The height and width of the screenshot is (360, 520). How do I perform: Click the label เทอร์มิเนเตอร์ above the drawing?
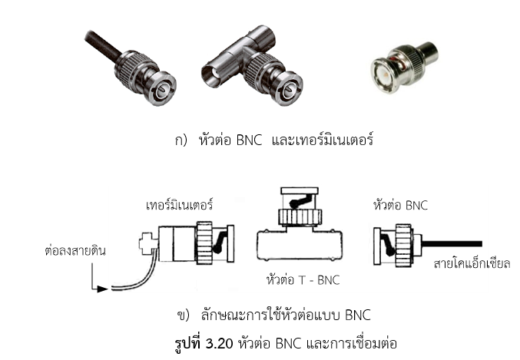coord(179,206)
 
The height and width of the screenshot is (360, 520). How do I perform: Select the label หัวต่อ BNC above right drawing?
coord(399,206)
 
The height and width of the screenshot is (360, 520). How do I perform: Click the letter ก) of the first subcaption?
coord(182,141)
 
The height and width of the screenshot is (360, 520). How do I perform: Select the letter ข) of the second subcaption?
coord(183,315)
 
